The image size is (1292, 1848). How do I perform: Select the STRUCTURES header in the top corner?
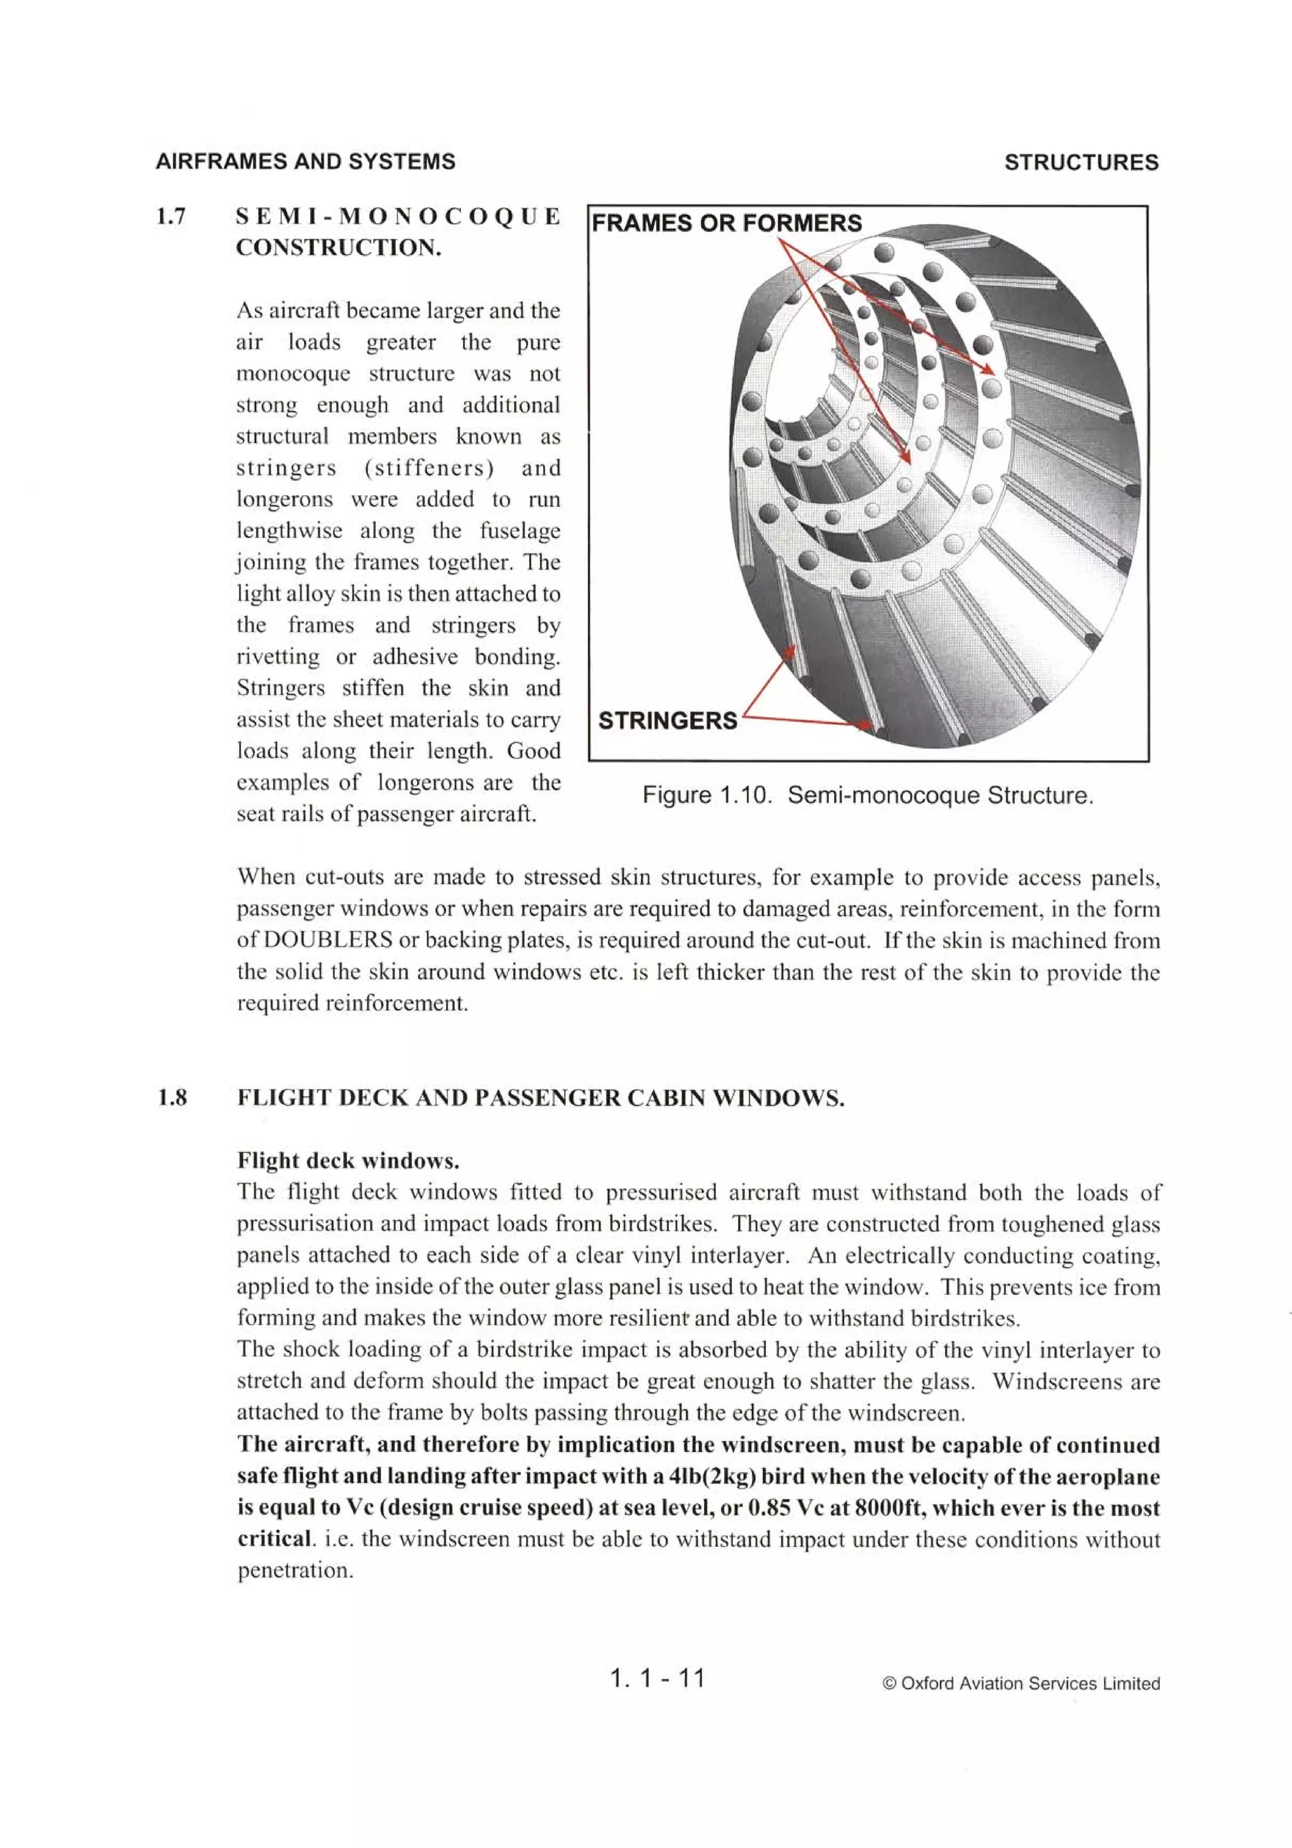pos(1081,163)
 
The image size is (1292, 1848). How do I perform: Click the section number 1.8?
pos(172,1098)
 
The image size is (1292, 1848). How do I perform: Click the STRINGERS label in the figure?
pos(667,720)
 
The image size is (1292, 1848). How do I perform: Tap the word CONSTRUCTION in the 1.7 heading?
pos(339,247)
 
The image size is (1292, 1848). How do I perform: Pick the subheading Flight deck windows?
pos(348,1160)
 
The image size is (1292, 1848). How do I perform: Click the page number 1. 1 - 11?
pos(657,1678)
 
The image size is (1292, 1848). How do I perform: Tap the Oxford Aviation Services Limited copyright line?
pos(1021,1684)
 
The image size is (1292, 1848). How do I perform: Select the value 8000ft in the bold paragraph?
pos(886,1508)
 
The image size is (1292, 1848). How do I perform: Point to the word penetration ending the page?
pos(295,1570)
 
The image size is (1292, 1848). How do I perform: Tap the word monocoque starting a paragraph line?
pos(293,374)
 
